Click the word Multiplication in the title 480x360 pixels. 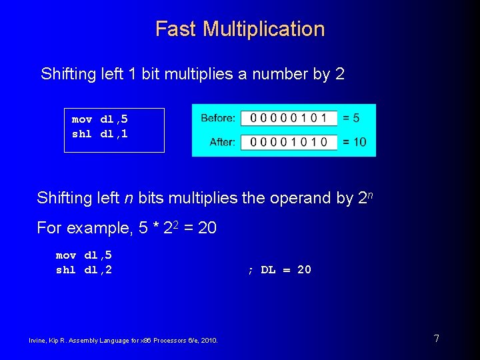263,29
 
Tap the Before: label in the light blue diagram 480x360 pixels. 217,118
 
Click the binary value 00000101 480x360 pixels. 289,118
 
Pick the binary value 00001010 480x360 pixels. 289,142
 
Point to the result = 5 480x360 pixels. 351,118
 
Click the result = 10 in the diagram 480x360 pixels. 354,142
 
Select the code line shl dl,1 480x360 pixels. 100,134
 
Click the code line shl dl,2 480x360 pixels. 84,270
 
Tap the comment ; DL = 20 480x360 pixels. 279,270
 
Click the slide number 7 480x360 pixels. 436,339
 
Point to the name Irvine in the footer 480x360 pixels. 37,341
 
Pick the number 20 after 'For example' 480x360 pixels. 207,228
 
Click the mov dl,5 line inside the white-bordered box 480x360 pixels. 100,119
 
